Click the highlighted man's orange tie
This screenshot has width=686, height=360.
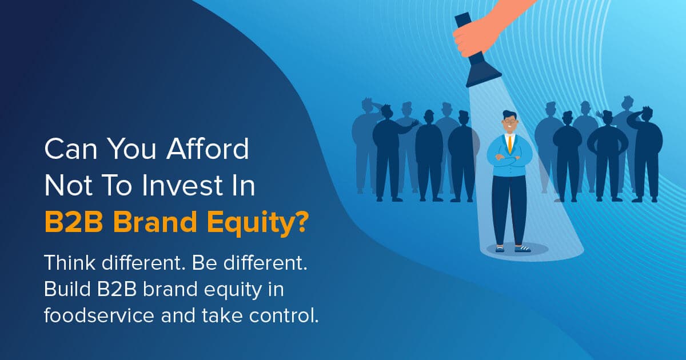tap(509, 143)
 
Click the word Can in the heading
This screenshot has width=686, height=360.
tap(69, 150)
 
